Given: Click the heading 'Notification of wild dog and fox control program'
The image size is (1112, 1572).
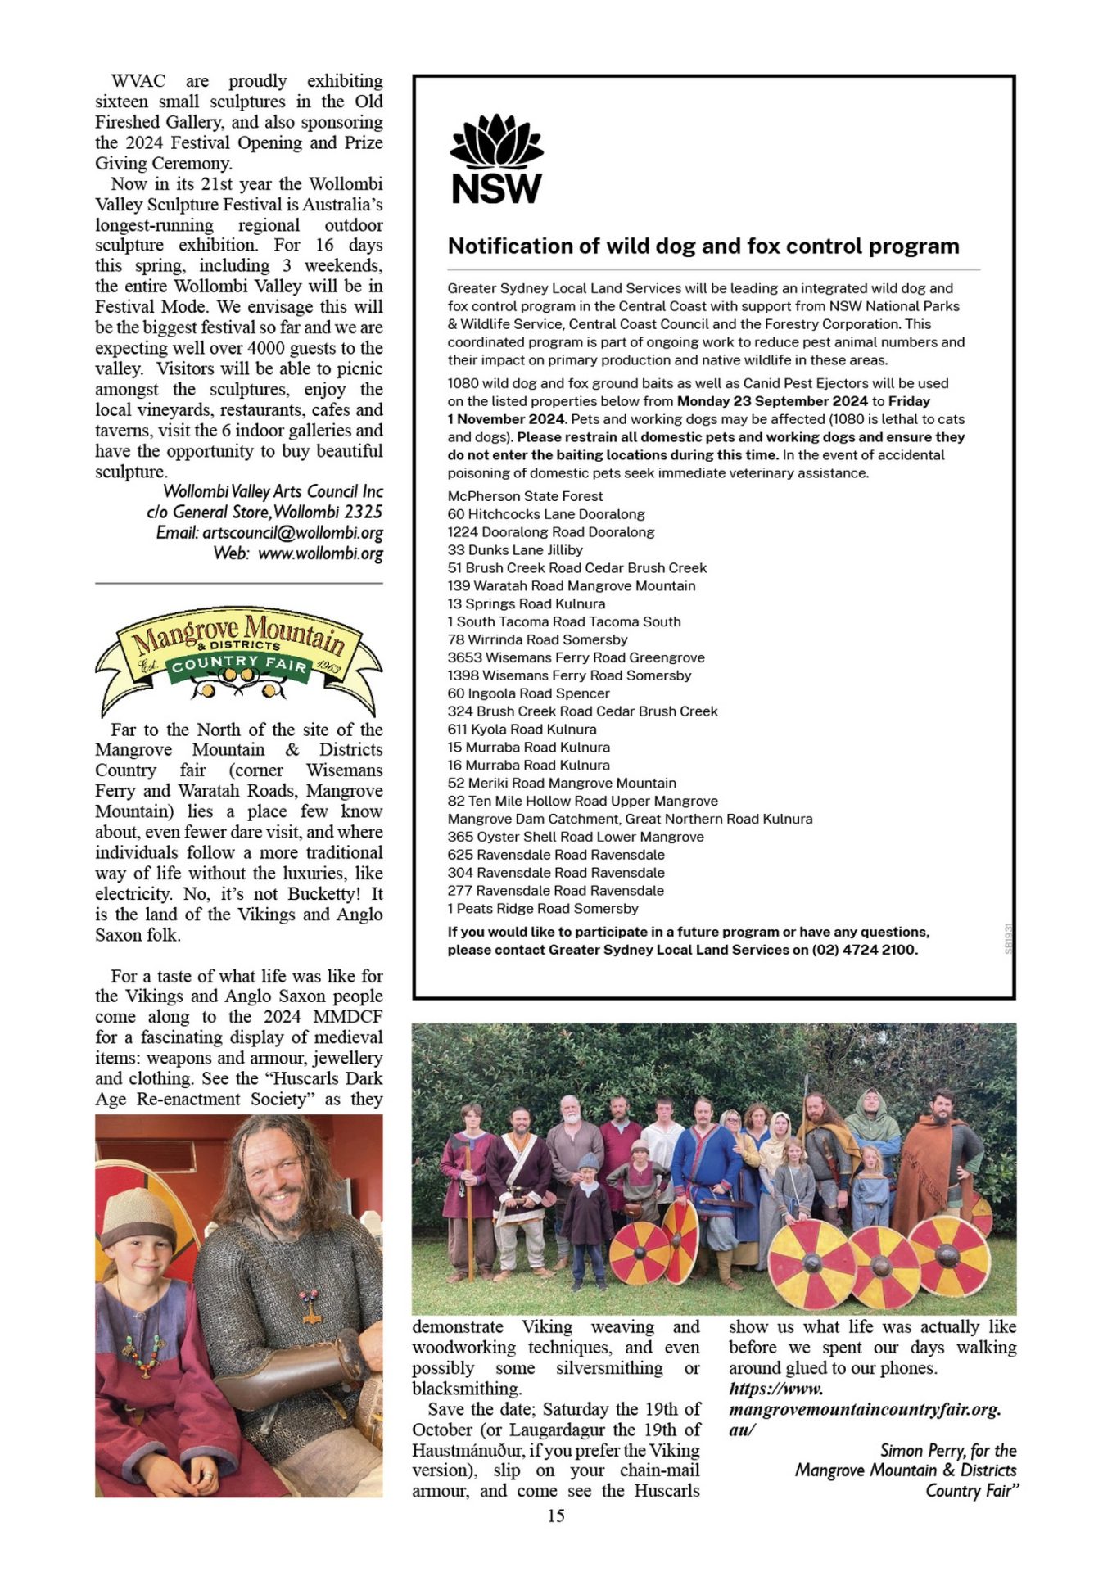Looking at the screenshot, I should point(703,246).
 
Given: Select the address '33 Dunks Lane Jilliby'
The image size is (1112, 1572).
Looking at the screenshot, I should point(515,550).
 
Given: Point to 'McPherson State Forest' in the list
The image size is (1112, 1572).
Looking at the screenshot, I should point(525,496).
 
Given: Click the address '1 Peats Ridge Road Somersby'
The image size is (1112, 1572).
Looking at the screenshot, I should point(543,909).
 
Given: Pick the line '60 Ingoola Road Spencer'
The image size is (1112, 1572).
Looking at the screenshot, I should point(528,693).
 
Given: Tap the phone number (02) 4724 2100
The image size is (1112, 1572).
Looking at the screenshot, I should point(864,950).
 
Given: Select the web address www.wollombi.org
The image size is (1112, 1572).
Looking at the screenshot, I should point(320,553).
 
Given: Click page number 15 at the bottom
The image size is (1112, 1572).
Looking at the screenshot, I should point(556,1516).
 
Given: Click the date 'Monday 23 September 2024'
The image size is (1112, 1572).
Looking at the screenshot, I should point(771,401).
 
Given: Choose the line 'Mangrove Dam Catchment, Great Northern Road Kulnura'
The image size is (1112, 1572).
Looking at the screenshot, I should point(630,819).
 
